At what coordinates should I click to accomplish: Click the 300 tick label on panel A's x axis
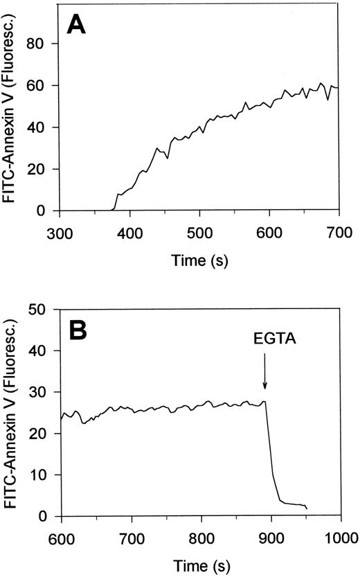pyautogui.click(x=62, y=227)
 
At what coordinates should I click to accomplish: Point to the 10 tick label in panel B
pyautogui.click(x=48, y=475)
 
